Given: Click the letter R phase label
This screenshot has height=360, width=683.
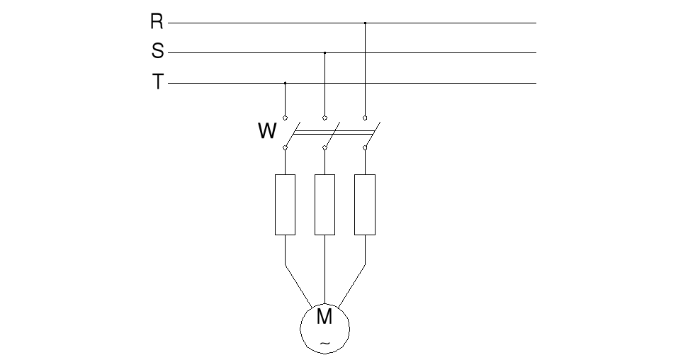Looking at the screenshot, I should pos(157,22).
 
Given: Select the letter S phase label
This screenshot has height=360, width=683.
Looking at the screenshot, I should pos(157,52).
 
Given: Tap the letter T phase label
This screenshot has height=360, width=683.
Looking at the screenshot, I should pos(157,82).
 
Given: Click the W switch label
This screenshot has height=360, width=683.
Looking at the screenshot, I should pos(267,132).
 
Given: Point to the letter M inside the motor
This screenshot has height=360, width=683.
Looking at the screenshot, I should pos(324,317).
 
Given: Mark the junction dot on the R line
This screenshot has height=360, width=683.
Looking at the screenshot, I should pos(365,23).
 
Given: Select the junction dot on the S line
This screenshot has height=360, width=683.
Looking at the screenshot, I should pos(324,52).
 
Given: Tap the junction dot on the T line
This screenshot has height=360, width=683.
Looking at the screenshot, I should pos(285,83).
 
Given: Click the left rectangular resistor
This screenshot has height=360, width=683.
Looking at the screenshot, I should pos(285,204).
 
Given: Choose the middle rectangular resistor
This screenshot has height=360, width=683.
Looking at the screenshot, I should pos(324,204).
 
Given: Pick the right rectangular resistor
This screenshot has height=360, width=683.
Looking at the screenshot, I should pos(365,204).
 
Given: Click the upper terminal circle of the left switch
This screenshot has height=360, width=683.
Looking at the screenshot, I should pos(285,117).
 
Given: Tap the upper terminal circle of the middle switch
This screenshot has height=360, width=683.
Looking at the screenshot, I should pos(324,117).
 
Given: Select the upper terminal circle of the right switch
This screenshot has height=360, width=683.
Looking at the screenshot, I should pos(365,117).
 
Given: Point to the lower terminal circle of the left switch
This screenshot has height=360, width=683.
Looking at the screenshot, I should pos(285,147).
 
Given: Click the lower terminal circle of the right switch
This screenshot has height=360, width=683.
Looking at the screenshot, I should pos(365,147).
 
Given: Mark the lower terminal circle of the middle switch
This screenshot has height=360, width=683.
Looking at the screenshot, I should pos(324,147).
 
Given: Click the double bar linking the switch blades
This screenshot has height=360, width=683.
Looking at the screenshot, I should pos(333,131).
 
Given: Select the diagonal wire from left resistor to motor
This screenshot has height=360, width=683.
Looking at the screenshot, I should pos(298,286).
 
